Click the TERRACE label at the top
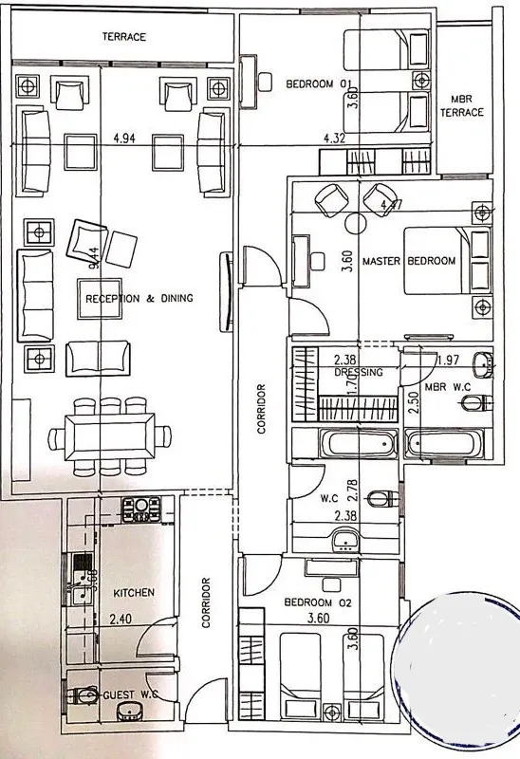pos(124,37)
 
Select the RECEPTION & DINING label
pos(139,298)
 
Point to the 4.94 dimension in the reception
pos(122,139)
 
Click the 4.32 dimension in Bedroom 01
pos(333,139)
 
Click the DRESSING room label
pos(359,373)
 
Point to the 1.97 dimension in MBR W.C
pos(449,359)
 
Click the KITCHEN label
pos(134,592)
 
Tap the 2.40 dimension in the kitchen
pos(120,620)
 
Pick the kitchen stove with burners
pos(145,509)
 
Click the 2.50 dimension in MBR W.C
pos(413,398)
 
